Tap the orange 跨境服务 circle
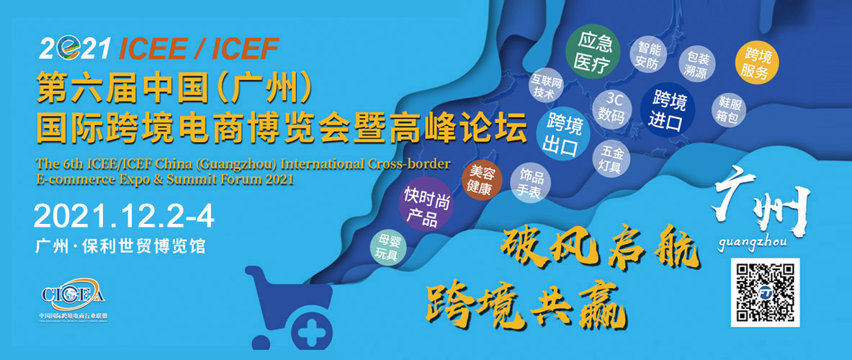(758, 63)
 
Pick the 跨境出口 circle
(562, 134)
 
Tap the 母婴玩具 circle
(389, 247)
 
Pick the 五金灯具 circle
(612, 157)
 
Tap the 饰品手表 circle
(531, 183)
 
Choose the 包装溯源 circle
(697, 65)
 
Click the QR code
(765, 292)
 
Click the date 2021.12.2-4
(124, 217)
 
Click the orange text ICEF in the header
(246, 49)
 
